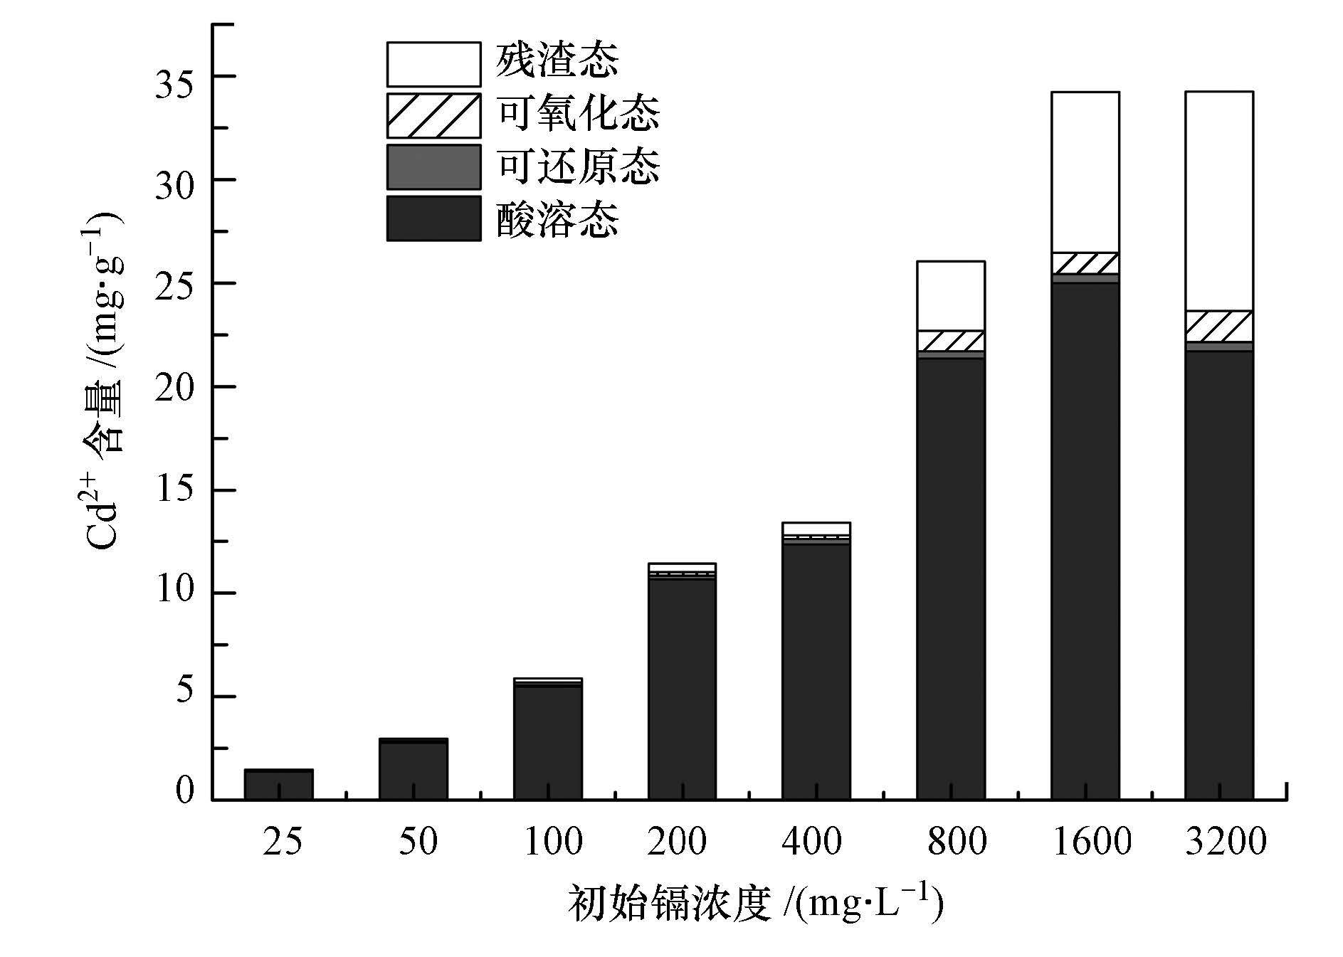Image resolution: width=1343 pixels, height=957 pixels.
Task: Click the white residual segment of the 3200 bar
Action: pos(1218,201)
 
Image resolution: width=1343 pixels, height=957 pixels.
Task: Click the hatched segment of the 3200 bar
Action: pos(1218,327)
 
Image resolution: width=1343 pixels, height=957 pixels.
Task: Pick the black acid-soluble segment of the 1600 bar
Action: pos(1085,541)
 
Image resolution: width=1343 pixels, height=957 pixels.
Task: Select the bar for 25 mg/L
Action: pos(278,784)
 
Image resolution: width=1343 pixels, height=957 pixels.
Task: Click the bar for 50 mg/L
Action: pos(413,770)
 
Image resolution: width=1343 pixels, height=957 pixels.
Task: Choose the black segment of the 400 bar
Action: pos(816,672)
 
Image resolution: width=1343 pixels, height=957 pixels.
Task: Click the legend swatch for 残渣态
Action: pos(433,64)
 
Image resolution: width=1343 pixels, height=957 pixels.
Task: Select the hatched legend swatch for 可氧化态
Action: pos(433,115)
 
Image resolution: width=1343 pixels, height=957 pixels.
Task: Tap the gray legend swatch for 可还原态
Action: pos(433,167)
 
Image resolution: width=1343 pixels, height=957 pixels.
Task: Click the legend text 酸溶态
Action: pos(557,218)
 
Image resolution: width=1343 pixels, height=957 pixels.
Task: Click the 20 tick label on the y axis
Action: pos(175,387)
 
